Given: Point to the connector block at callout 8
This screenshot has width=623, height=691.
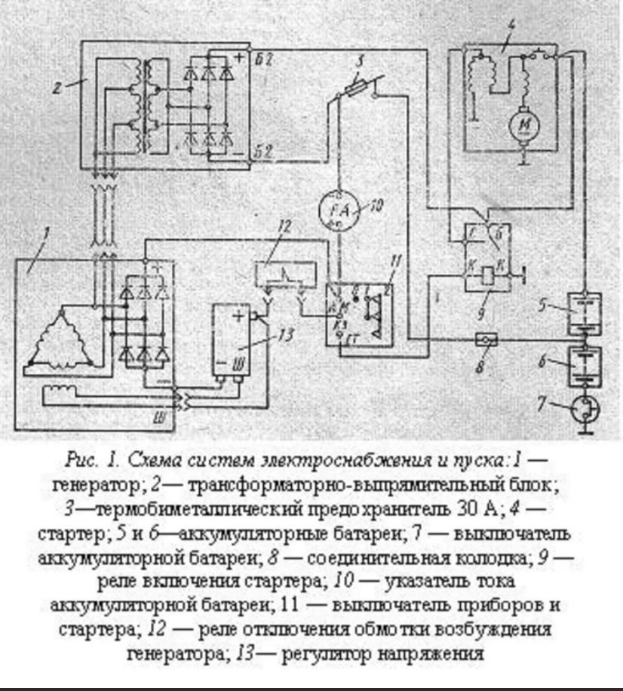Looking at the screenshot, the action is (486, 339).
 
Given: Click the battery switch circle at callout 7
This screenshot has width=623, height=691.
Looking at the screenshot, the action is (585, 408).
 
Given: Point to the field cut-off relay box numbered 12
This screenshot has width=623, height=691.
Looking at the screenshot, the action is (283, 273).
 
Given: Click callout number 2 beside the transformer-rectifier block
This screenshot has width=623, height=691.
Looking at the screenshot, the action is (56, 88).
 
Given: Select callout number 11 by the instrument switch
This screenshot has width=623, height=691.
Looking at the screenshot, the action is (396, 260).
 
